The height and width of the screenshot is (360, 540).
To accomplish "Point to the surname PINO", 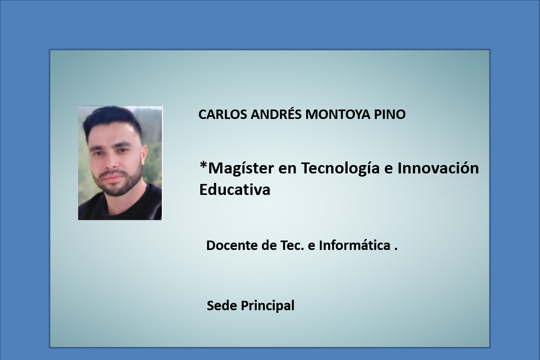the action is pos(390,114).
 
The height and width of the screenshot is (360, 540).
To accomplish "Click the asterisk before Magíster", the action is pos(203,166).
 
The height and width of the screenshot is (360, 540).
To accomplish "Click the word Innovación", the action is pos(438,168).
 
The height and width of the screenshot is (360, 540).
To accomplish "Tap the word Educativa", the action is pos(235,189).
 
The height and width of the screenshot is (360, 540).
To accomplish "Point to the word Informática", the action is pos(354,245).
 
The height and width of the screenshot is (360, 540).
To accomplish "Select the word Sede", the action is pos(222,306).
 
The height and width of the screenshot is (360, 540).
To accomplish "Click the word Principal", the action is pos(267,306).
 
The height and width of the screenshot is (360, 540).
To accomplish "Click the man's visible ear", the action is pos(144,156).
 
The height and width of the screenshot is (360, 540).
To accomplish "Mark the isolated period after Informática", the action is pos(396,249).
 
